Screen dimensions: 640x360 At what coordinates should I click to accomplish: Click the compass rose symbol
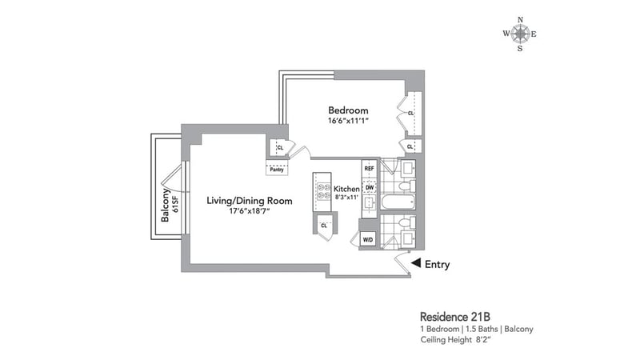point(519,34)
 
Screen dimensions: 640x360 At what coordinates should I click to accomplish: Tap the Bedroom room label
point(348,110)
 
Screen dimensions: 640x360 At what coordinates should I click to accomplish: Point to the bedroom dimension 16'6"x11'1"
point(348,121)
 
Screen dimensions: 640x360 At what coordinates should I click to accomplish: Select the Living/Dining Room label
point(250,201)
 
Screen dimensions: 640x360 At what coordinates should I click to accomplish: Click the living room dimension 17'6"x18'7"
point(250,211)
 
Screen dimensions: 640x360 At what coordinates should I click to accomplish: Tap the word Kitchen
point(346,189)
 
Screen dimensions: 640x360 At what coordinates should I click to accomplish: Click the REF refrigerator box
point(369,169)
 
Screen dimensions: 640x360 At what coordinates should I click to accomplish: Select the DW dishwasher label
point(370,188)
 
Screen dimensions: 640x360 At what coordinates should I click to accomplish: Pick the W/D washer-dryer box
point(368,239)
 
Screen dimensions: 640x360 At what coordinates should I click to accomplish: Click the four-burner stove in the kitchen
point(323,192)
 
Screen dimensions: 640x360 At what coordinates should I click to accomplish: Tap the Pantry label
point(277,170)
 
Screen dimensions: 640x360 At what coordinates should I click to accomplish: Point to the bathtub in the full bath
point(398,202)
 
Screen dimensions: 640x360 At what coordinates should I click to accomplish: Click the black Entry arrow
point(416,263)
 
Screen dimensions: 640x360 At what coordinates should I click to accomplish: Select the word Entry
point(437,265)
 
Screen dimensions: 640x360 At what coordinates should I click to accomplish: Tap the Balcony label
point(165,205)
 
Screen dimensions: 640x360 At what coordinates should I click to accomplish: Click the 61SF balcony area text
point(175,204)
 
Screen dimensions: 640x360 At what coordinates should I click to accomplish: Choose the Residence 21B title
point(455,317)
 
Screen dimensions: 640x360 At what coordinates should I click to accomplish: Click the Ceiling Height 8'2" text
point(455,339)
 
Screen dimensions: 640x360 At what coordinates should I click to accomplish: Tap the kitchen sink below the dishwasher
point(370,202)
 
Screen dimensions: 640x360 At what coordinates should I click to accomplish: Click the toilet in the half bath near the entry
point(406,223)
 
